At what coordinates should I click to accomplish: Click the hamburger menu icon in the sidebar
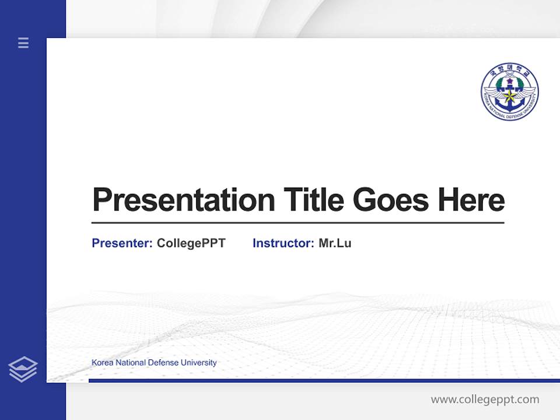pos(23,43)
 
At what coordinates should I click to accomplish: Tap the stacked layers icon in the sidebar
pos(23,369)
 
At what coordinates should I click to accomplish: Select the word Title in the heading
pos(314,199)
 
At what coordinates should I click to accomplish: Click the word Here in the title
pos(471,199)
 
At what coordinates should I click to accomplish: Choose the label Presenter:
pos(122,243)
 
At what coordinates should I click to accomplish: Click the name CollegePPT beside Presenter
pos(191,243)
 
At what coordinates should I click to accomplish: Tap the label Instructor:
pos(283,243)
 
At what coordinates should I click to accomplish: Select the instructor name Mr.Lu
pos(335,243)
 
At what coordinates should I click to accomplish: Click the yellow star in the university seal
pos(509,95)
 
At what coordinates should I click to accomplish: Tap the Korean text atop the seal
pos(510,71)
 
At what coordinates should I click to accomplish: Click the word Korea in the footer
pos(103,362)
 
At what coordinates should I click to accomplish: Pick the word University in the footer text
pos(198,362)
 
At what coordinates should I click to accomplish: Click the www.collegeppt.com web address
pos(485,400)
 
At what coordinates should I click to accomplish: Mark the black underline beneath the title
pos(297,223)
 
